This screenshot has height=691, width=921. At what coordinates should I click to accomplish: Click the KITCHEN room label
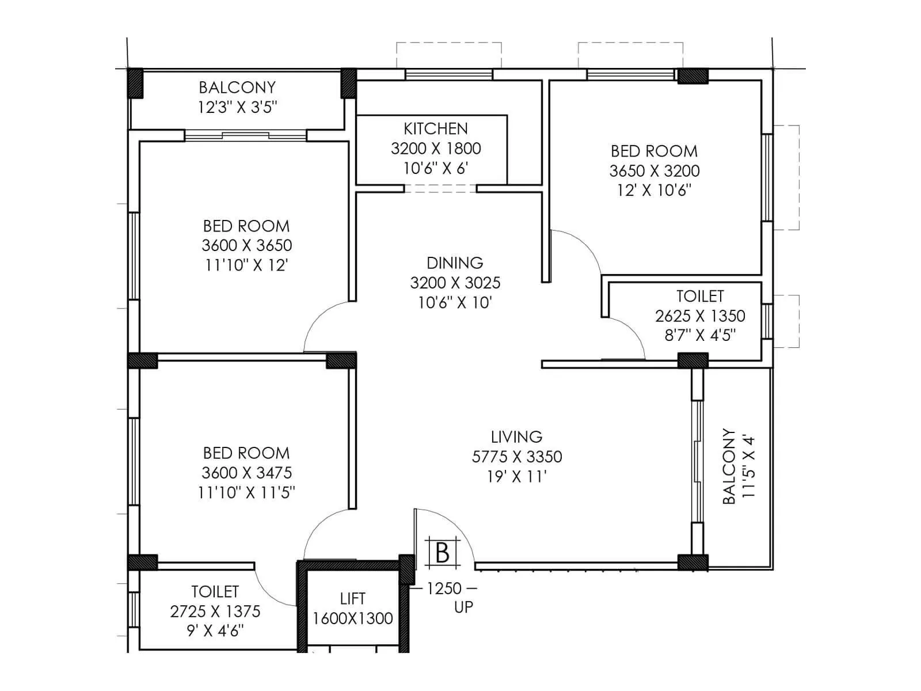[435, 128]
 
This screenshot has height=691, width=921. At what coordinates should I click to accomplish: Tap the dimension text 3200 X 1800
[435, 149]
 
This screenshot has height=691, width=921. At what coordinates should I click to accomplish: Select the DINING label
[454, 263]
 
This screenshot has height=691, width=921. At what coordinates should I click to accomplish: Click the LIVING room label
[516, 437]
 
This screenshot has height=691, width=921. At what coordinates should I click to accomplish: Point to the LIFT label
[352, 599]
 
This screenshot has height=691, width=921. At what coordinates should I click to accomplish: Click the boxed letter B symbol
[442, 553]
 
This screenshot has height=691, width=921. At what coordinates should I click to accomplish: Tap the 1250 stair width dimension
[444, 589]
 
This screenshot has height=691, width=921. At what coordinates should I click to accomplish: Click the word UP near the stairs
[463, 608]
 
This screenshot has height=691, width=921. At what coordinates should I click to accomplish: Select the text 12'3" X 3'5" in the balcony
[237, 107]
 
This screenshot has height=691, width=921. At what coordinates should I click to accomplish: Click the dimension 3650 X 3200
[654, 171]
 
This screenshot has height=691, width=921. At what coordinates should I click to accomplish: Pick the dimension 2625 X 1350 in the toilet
[699, 316]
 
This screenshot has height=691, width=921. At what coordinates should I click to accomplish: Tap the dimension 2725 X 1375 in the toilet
[215, 612]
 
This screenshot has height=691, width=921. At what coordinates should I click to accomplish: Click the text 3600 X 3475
[246, 473]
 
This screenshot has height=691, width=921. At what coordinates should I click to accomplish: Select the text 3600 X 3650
[246, 245]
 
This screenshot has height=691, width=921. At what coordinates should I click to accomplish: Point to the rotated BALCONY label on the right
[729, 466]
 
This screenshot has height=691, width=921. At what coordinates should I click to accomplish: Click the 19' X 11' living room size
[516, 477]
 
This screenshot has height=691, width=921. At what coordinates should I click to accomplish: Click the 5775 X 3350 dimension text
[516, 457]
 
